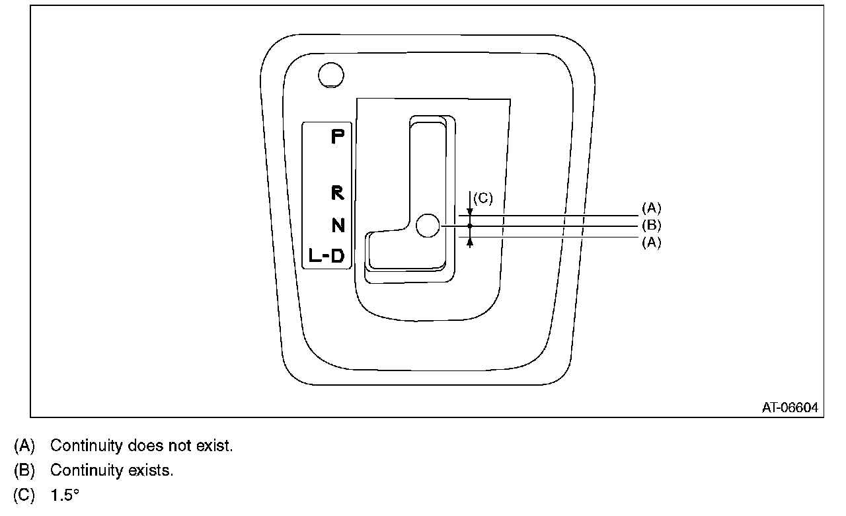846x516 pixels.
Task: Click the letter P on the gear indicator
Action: (338, 137)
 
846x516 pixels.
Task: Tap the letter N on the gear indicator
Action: (338, 226)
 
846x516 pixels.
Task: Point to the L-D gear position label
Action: (327, 255)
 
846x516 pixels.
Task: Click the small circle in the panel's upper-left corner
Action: (330, 75)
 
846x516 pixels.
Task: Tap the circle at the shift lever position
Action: (429, 226)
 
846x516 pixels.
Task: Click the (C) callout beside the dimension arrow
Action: (483, 198)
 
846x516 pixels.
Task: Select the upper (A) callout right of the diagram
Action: (651, 208)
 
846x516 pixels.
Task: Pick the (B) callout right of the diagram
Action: (651, 226)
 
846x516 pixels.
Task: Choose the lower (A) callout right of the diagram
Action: (651, 243)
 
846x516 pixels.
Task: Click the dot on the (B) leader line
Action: (470, 226)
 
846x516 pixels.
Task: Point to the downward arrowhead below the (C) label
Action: (470, 211)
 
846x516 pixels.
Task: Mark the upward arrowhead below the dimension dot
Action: (470, 242)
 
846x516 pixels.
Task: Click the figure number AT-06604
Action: (789, 408)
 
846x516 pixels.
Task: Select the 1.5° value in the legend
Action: (65, 495)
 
